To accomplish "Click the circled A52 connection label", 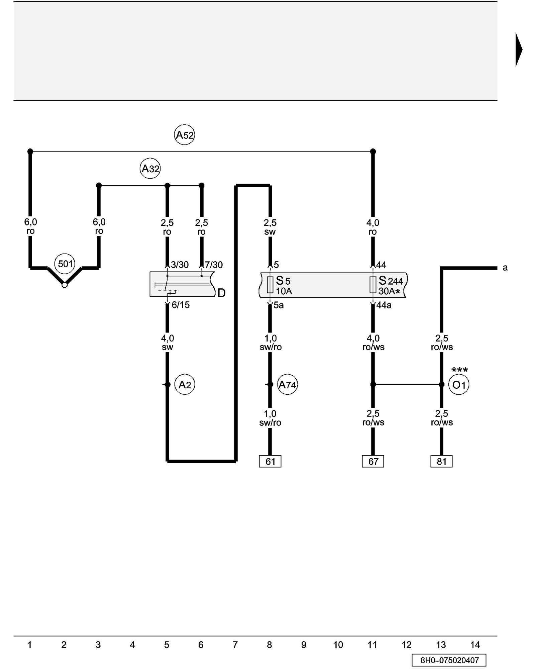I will click(184, 135).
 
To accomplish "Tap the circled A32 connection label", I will click(150, 169).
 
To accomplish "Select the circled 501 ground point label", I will click(65, 264).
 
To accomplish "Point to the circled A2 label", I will click(185, 385).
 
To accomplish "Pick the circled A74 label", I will click(287, 385).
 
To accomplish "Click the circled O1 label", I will click(458, 385).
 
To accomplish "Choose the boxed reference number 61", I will click(270, 462).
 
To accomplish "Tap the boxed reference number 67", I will click(373, 462).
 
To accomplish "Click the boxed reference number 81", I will click(441, 462).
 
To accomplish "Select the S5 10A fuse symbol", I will click(270, 285).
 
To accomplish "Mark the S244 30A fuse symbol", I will click(373, 285).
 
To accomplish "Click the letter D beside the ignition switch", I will click(221, 293).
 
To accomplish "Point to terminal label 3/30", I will click(180, 265).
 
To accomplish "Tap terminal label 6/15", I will click(181, 305).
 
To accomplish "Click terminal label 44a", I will click(384, 305).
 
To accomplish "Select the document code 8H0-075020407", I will click(449, 660).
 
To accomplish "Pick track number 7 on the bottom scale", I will click(235, 645).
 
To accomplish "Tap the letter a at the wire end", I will click(505, 268).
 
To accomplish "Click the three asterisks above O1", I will click(459, 370).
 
